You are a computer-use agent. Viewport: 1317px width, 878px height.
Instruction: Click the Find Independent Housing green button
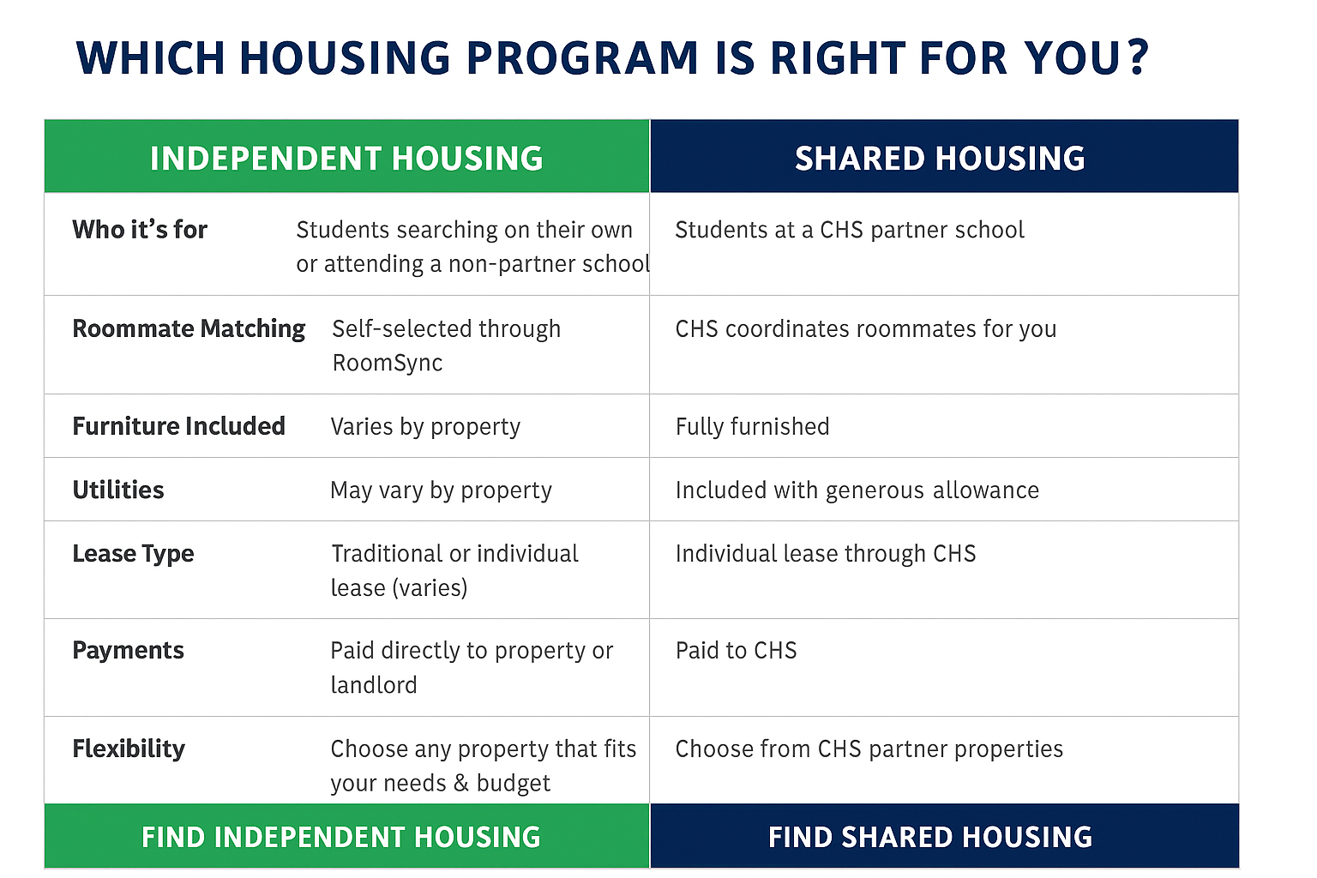pyautogui.click(x=347, y=836)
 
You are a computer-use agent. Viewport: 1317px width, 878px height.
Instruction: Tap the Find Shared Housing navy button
pyautogui.click(x=944, y=836)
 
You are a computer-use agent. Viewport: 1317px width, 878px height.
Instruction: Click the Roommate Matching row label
pyautogui.click(x=189, y=329)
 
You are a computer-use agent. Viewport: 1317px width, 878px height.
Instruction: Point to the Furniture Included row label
pyautogui.click(x=178, y=426)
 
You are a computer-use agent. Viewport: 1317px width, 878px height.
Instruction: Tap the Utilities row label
pyautogui.click(x=118, y=490)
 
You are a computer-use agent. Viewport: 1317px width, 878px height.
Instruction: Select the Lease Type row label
pyautogui.click(x=134, y=554)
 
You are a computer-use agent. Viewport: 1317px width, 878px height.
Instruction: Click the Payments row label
pyautogui.click(x=128, y=651)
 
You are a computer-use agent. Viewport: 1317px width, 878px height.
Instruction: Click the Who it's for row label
pyautogui.click(x=140, y=229)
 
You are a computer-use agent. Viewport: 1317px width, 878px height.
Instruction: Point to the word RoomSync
pyautogui.click(x=388, y=364)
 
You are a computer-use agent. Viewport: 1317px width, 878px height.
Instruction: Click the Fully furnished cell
pyautogui.click(x=753, y=427)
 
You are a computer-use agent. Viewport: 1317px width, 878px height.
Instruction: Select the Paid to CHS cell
pyautogui.click(x=737, y=651)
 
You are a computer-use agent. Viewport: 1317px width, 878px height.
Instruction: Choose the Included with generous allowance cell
pyautogui.click(x=857, y=490)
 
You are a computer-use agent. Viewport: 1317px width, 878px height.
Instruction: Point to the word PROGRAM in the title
pyautogui.click(x=583, y=57)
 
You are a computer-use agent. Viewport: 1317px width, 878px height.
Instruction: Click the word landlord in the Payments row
pyautogui.click(x=374, y=685)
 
